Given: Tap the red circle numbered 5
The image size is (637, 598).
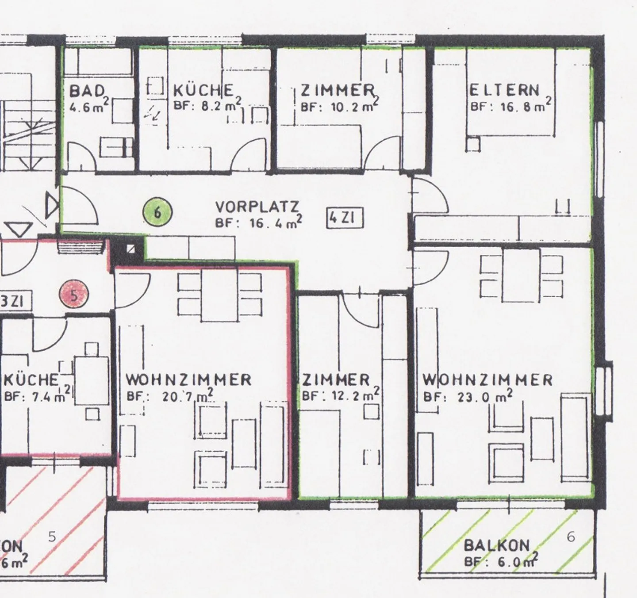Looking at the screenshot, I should pos(74,295).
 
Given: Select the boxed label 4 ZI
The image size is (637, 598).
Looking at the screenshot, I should pos(345,218).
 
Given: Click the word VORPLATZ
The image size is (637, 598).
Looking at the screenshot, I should pos(257,207).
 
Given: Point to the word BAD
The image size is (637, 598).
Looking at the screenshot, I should pos(87,91).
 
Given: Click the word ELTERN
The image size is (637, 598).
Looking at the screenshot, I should pos(504,90).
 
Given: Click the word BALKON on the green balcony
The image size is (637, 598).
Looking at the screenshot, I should pos(496,545).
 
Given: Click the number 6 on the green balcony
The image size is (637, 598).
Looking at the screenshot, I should pos(571,537).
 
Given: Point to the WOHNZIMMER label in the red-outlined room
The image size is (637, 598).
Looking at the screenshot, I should pos(188,379).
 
